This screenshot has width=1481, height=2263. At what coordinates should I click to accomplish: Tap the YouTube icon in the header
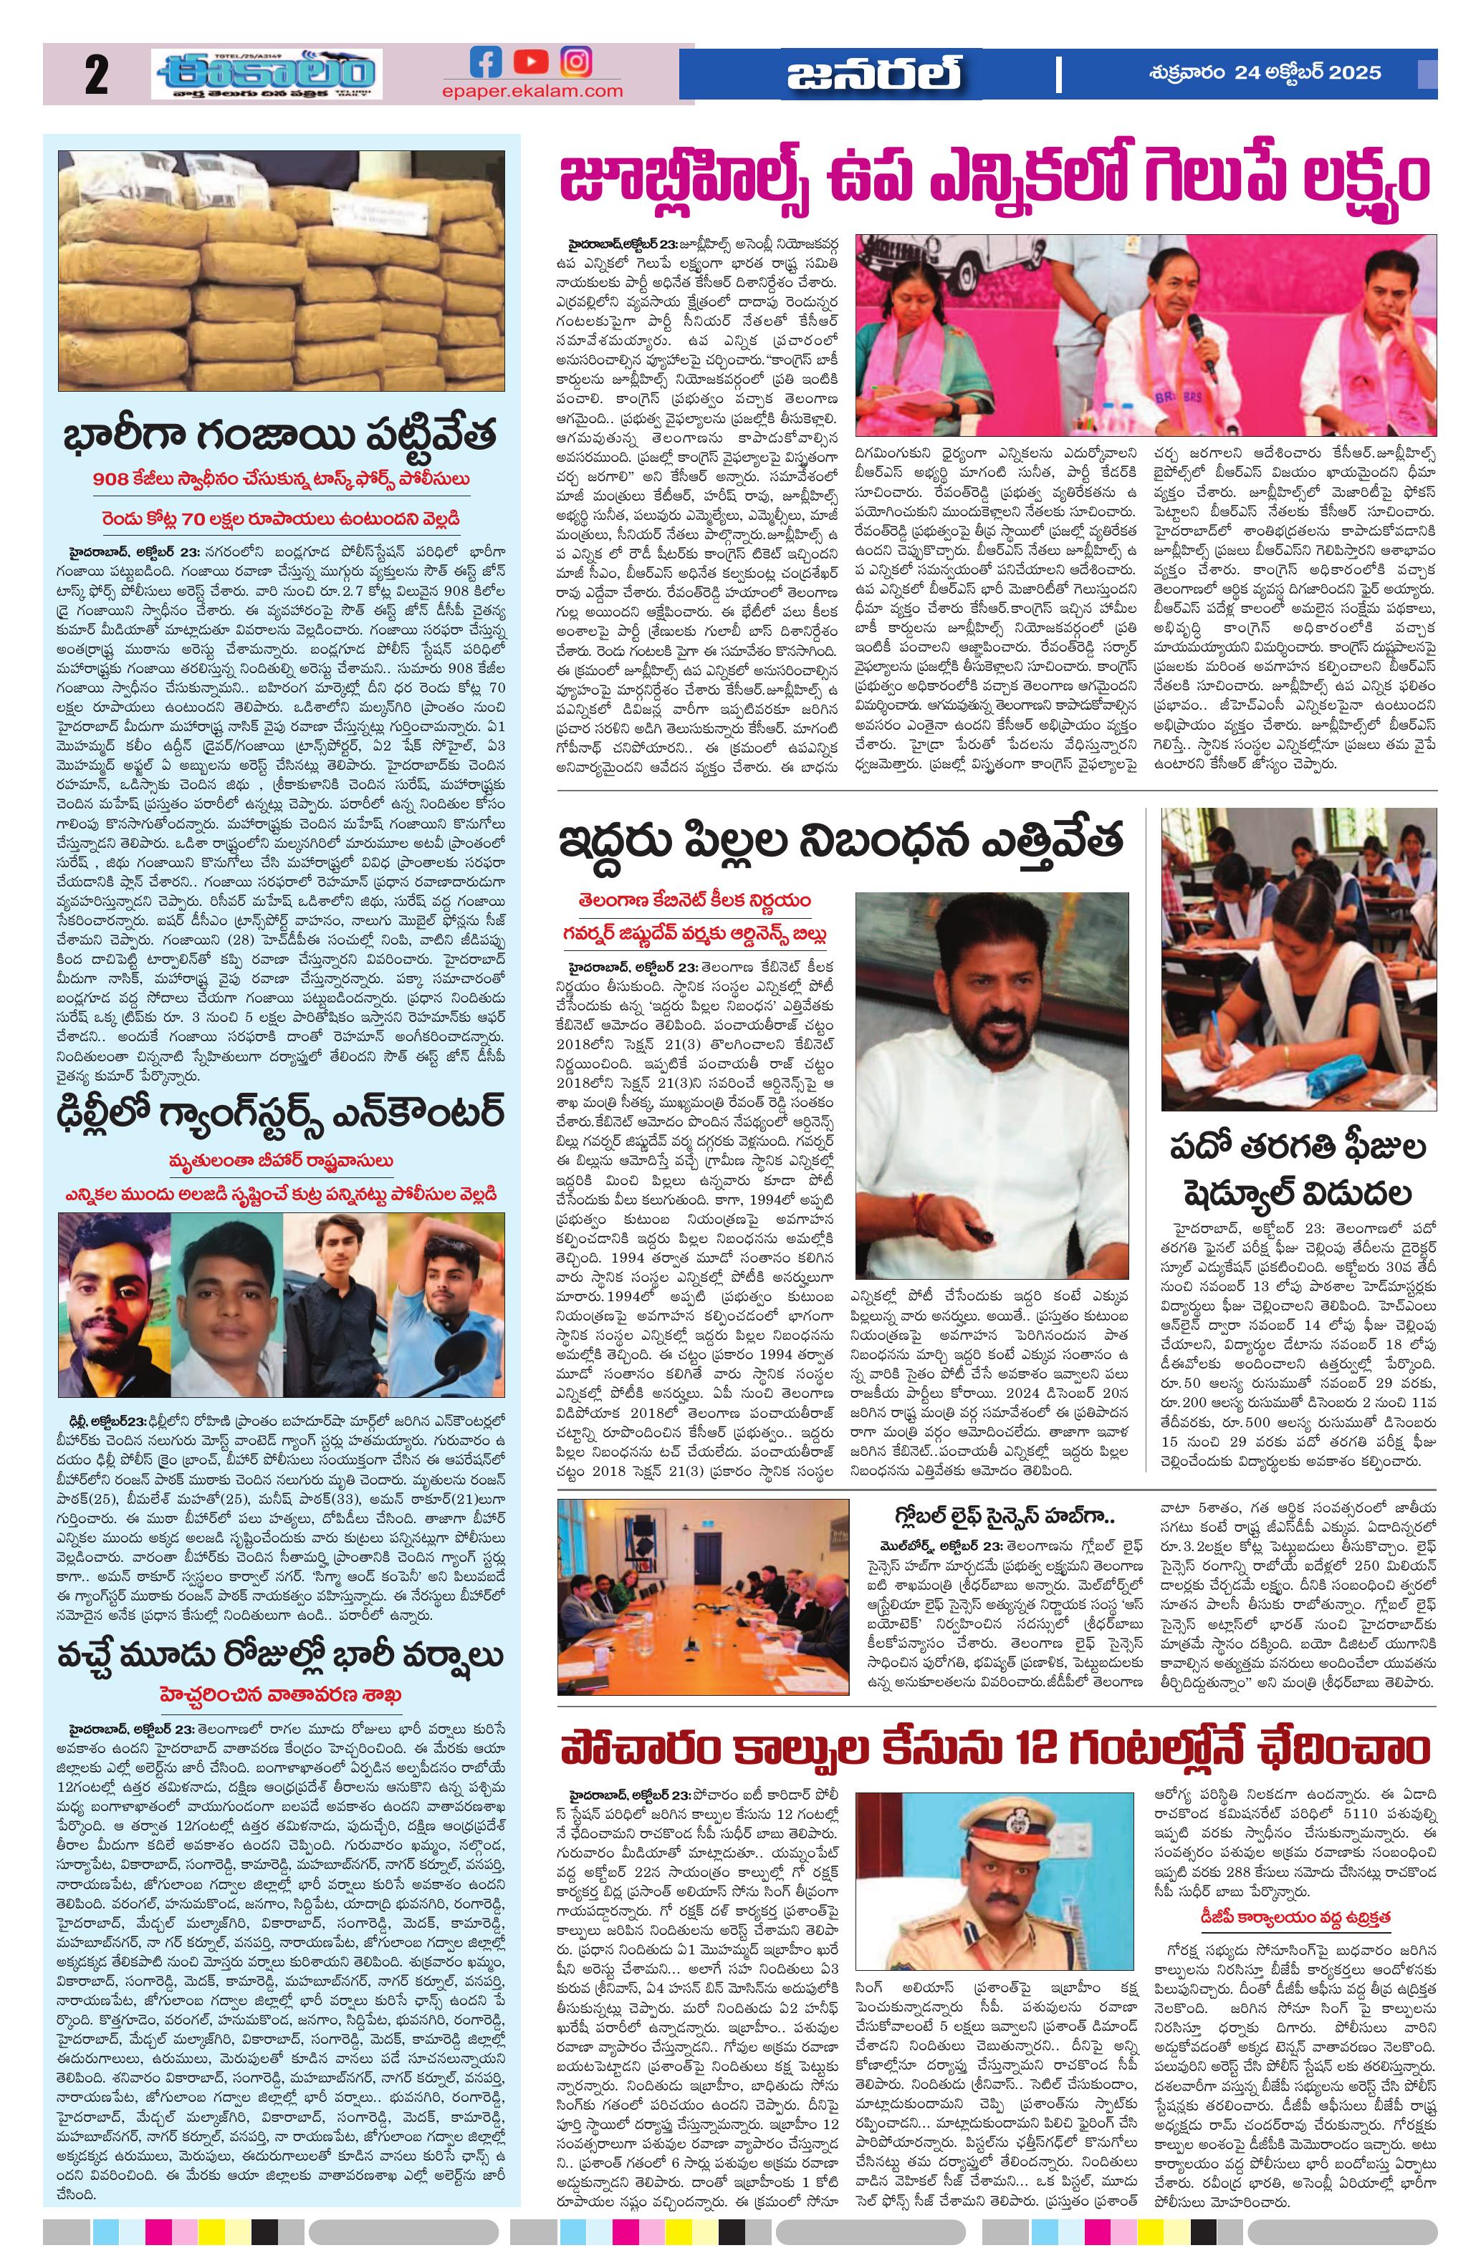(x=529, y=63)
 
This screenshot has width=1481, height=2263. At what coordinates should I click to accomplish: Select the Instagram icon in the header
(x=575, y=63)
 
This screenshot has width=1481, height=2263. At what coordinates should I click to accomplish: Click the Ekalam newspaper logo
(x=267, y=74)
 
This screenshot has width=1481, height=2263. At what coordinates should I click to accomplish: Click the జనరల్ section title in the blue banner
(x=872, y=74)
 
